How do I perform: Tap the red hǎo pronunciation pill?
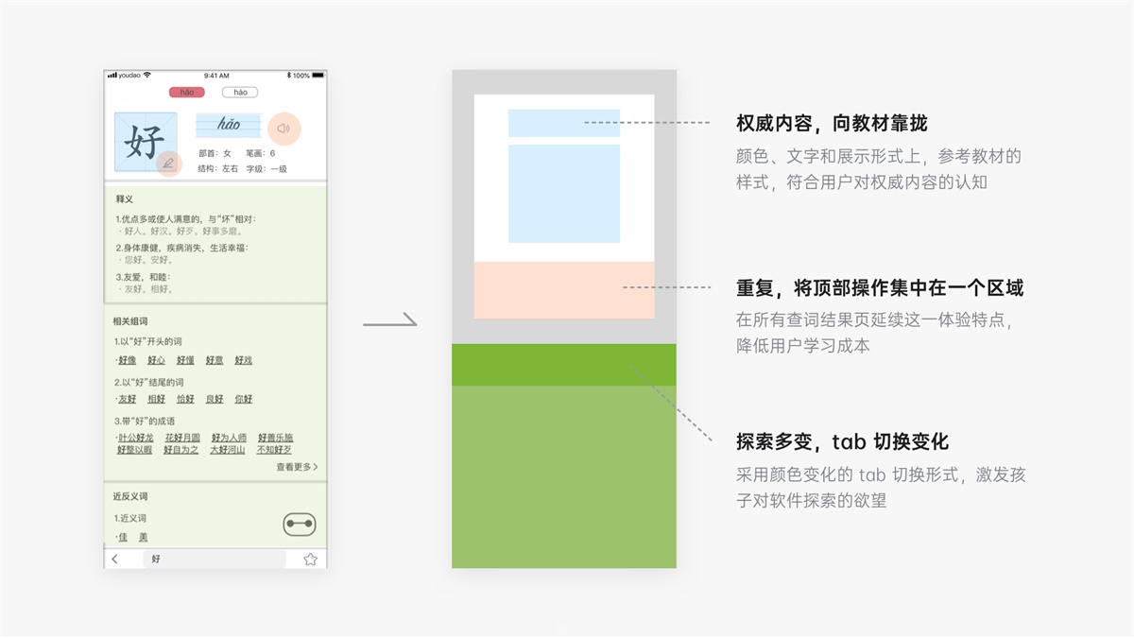[186, 93]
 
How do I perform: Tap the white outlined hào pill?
[240, 93]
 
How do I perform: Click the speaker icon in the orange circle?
[283, 129]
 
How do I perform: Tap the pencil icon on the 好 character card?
[168, 164]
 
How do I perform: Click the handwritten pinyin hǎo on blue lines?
[229, 125]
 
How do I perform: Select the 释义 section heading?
[124, 199]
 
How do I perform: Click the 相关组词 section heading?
[129, 321]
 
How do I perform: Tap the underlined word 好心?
[156, 360]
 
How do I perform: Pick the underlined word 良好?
[215, 399]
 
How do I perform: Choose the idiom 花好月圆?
[182, 438]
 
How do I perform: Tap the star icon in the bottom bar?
[310, 560]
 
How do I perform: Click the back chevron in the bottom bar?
[115, 560]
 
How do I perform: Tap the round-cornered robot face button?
[300, 525]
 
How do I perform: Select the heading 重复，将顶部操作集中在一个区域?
[880, 288]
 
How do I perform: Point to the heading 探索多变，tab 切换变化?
[842, 441]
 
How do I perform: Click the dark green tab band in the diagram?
[563, 365]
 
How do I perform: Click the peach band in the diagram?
[563, 290]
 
